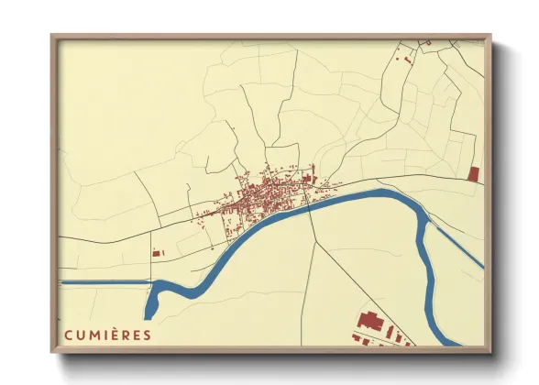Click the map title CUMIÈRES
pos(108,335)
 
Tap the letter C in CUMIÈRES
pos(69,335)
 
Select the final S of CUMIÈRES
pos(148,335)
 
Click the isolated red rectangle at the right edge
pos(473,174)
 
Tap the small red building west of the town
pos(156,252)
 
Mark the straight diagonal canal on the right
pos(456,246)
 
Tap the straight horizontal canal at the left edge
pos(101,282)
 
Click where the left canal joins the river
pos(152,285)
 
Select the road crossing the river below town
pos(309,209)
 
